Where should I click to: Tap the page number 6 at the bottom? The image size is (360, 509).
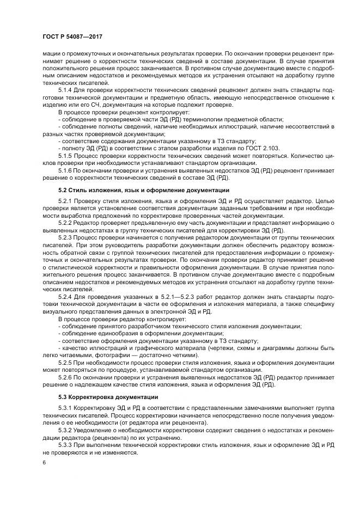point(44,462)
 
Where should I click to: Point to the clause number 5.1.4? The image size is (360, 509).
point(65,89)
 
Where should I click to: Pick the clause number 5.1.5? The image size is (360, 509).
point(65,155)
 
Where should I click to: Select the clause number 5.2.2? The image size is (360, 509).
point(65,223)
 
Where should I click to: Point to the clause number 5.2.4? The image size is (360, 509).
point(65,296)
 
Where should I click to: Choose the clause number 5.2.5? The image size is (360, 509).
point(65,361)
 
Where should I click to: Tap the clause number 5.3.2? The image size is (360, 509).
point(65,430)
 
